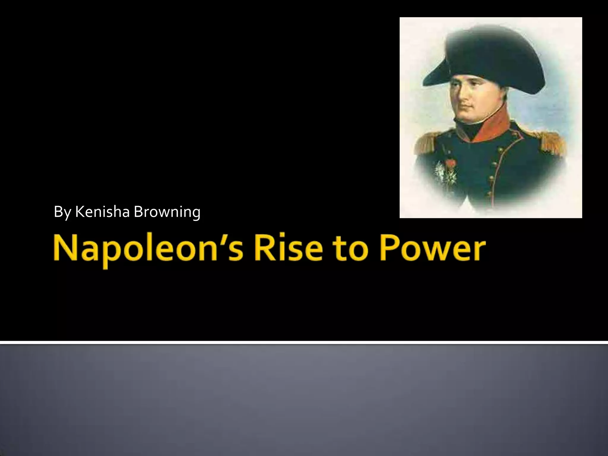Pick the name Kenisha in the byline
pos(102,212)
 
